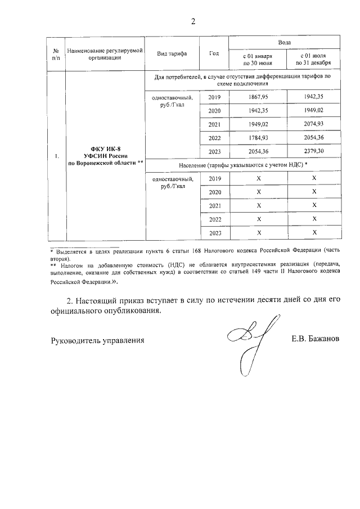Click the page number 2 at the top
[x=193, y=22]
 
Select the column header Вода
[x=285, y=43]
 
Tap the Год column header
[x=214, y=53]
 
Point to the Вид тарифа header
[x=172, y=53]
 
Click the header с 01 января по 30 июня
[x=258, y=60]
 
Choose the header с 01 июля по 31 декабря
[x=313, y=60]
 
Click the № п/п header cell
[x=56, y=53]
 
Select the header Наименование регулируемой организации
[x=105, y=53]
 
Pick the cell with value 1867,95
[x=258, y=97]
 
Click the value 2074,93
[x=313, y=124]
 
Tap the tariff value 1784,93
[x=258, y=138]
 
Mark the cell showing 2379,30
[x=313, y=152]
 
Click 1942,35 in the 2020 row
[x=258, y=111]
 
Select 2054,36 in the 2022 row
[x=313, y=138]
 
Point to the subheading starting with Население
[x=242, y=165]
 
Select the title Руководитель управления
[x=97, y=340]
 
